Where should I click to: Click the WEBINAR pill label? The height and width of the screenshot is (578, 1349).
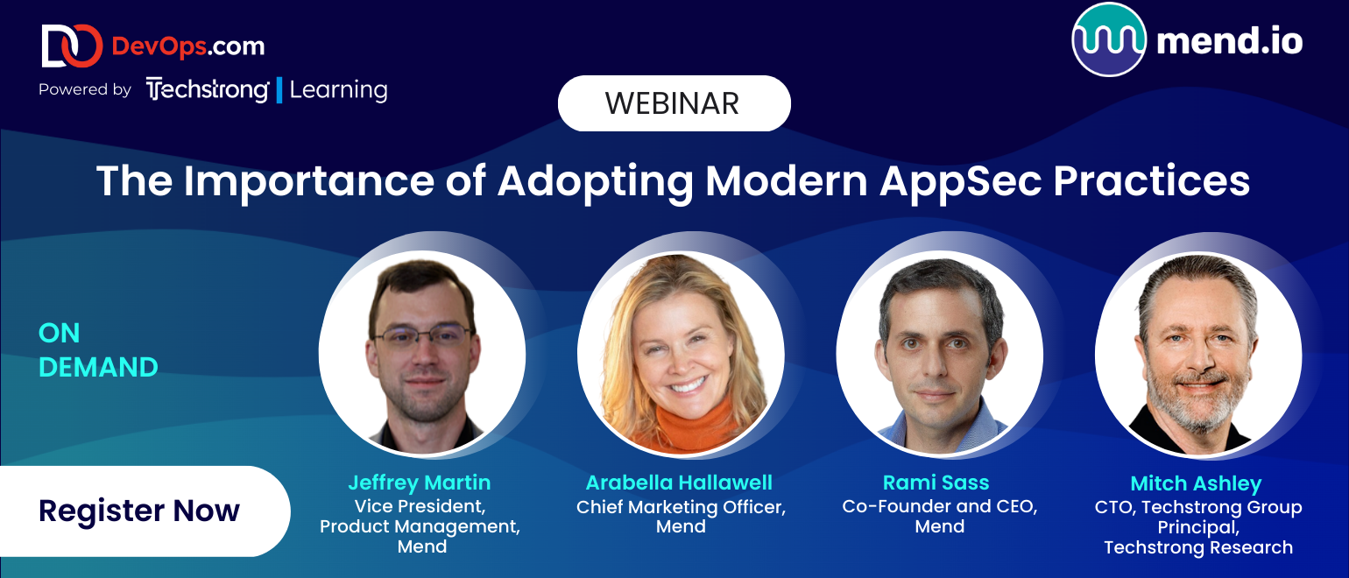tap(674, 103)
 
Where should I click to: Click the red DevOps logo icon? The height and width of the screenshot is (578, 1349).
tap(72, 46)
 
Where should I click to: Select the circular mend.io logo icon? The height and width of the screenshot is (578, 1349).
tap(1109, 39)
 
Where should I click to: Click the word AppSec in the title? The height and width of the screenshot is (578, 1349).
tap(961, 182)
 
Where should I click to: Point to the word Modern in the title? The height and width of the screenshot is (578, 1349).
tap(786, 180)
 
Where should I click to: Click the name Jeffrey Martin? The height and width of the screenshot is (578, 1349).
tap(419, 483)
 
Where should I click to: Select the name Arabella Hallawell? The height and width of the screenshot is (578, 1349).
tap(679, 483)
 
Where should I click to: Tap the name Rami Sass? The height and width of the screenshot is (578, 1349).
tap(936, 483)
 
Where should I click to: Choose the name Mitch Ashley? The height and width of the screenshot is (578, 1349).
tap(1196, 484)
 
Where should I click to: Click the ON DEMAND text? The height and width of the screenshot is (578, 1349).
tap(98, 349)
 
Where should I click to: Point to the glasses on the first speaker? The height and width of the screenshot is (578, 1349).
tap(422, 335)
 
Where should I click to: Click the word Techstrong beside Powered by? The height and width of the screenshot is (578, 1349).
tap(208, 89)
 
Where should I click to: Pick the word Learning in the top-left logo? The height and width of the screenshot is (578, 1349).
tap(338, 90)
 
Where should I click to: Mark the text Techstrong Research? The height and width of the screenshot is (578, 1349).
tap(1198, 547)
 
